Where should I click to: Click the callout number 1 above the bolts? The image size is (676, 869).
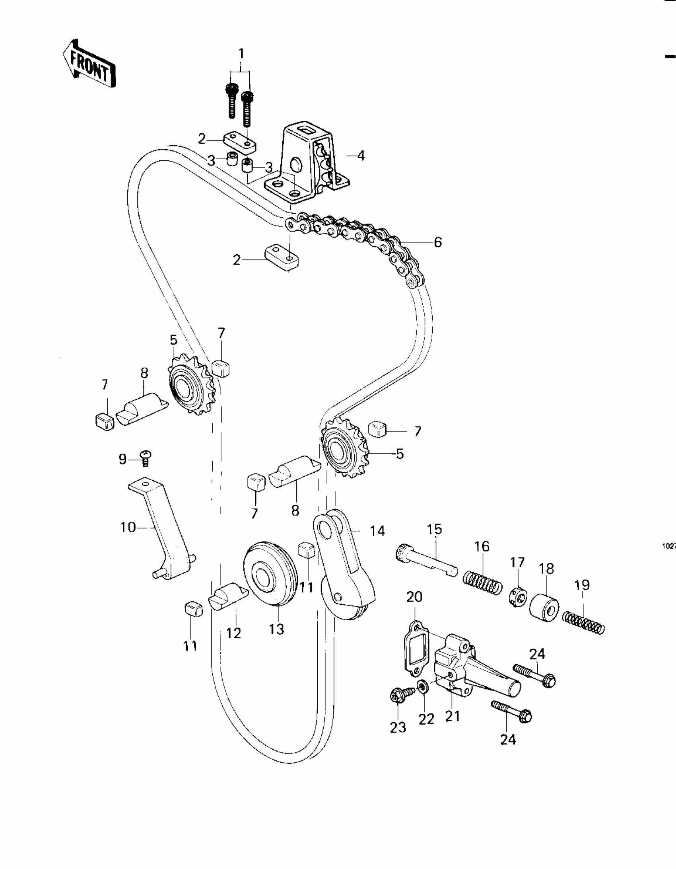pos(241,53)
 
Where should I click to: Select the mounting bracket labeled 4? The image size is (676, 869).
pos(310,165)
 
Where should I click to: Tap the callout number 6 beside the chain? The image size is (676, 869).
pos(437,242)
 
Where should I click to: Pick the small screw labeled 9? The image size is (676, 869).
pos(146,458)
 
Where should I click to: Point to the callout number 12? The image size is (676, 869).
pos(233,633)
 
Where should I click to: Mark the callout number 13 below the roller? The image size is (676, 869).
pos(276,629)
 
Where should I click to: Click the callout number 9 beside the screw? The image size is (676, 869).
pos(122,459)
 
